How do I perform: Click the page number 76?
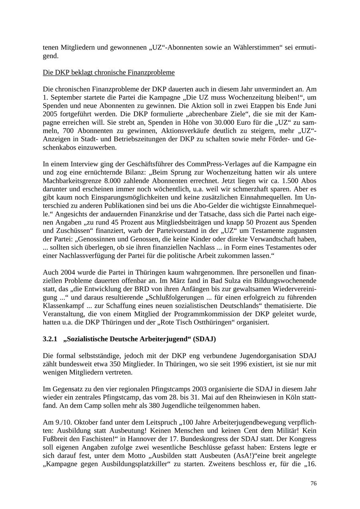[x=313, y=483]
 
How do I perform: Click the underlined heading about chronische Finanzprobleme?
[x=108, y=72]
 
